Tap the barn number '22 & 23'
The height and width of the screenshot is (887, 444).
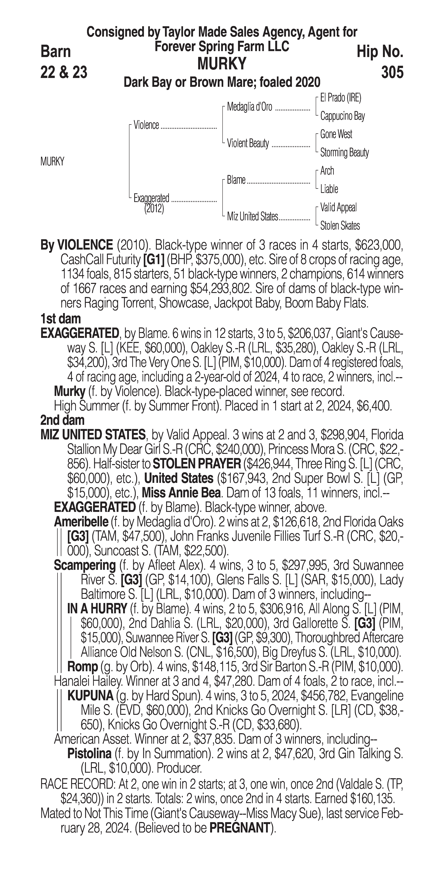[64, 72]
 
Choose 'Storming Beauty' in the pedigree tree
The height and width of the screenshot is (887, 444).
[344, 153]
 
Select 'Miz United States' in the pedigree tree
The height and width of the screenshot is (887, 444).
[252, 217]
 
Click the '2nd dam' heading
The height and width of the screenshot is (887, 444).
[62, 420]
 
